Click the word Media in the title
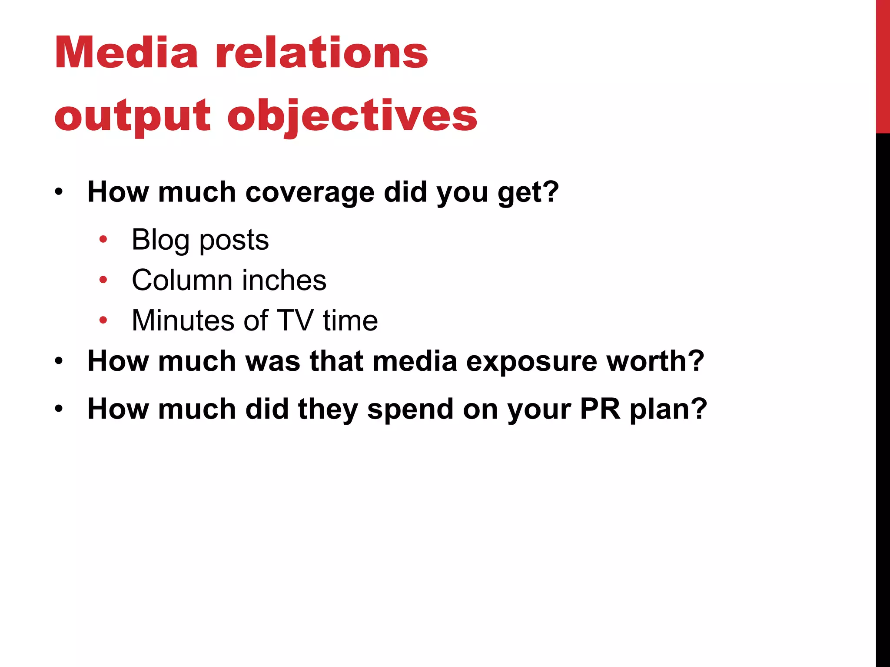(x=126, y=53)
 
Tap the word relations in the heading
(x=322, y=53)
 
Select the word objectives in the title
(x=352, y=116)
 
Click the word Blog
(x=160, y=240)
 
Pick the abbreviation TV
(x=295, y=320)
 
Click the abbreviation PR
(x=600, y=409)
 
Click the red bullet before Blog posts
(x=103, y=239)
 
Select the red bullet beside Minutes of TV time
(x=103, y=320)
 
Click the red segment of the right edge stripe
(x=883, y=65)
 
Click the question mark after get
(x=551, y=191)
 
